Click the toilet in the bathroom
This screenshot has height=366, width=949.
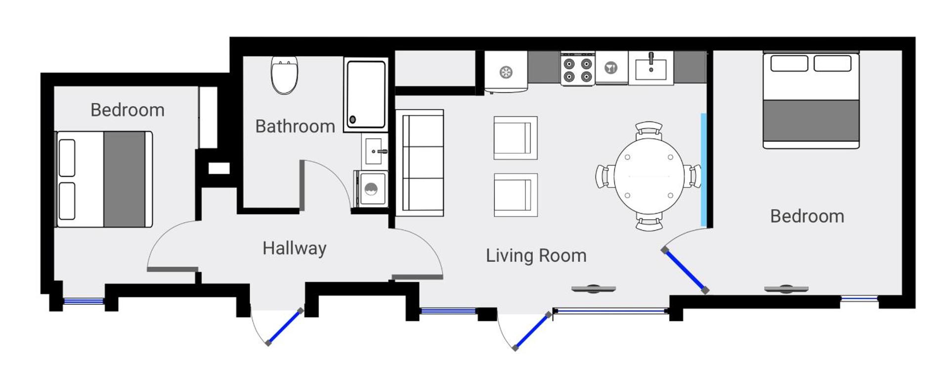tap(284, 75)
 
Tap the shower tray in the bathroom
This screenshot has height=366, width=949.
tap(366, 94)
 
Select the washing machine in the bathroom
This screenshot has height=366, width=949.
tap(371, 189)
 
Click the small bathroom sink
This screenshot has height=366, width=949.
tap(374, 151)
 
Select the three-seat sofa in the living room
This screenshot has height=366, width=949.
tap(420, 163)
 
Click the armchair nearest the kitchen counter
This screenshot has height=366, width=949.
tap(515, 138)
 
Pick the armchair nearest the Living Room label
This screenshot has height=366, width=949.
tap(515, 195)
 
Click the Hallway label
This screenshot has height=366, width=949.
tap(294, 248)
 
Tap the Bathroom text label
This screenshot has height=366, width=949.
tap(295, 126)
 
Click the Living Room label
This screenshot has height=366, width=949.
tap(536, 255)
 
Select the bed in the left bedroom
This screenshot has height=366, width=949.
tap(104, 179)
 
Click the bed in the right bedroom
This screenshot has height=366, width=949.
tap(811, 100)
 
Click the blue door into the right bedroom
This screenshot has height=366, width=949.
tap(685, 271)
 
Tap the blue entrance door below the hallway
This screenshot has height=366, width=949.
tap(284, 326)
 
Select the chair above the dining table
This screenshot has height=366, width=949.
tap(648, 129)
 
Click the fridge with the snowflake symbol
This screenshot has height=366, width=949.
tap(506, 72)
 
